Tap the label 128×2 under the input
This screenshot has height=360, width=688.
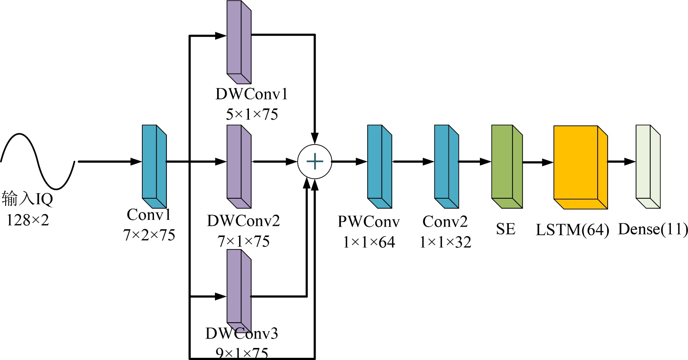(x=28, y=220)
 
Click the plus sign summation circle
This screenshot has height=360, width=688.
(x=315, y=162)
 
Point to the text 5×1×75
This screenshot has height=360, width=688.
(x=252, y=114)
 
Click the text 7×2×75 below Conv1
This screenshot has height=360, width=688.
(x=149, y=235)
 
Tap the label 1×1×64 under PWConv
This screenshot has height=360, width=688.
(x=369, y=242)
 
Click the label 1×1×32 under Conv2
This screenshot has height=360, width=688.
(x=445, y=242)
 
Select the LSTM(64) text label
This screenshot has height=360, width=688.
(x=572, y=230)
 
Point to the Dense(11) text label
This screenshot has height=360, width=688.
(x=653, y=229)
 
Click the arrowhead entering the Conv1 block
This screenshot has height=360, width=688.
(x=136, y=162)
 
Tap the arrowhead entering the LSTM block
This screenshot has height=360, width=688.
(x=547, y=162)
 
